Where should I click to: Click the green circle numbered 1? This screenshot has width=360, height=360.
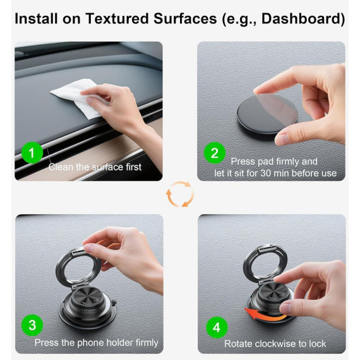pos(32,152)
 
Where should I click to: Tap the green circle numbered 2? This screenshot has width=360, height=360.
pos(215,153)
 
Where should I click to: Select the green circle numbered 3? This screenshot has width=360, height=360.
pos(32,325)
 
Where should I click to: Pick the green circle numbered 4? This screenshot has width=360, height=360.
pos(217,327)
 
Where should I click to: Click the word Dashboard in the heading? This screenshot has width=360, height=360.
pos(303,18)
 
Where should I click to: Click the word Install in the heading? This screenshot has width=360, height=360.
pos(36,18)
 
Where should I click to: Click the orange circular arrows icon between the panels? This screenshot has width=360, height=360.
pos(180,195)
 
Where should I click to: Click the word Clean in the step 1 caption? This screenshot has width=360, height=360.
pos(61,167)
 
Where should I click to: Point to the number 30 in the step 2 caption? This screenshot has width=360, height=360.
pos(266,173)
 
